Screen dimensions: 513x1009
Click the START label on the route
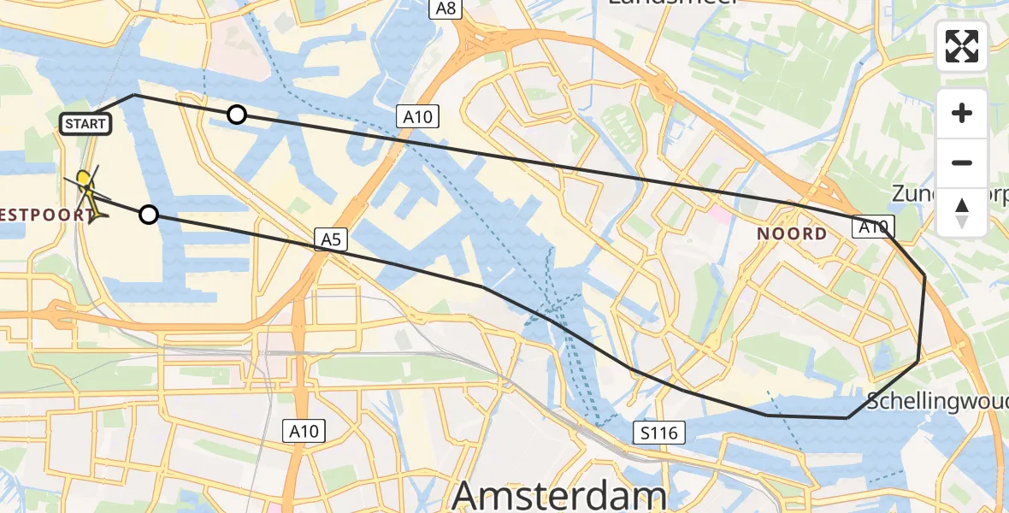86,124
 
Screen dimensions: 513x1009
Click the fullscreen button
962,46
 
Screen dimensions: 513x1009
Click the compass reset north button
962,213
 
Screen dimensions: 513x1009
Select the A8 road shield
445,9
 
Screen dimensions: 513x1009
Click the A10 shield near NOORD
872,227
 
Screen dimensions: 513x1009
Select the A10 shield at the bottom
304,432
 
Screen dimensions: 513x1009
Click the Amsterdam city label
559,495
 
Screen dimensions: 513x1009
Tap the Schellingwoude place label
937,400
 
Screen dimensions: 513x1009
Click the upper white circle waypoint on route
237,115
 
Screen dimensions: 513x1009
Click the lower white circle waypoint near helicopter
149,215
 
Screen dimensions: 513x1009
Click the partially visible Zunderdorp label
949,194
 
